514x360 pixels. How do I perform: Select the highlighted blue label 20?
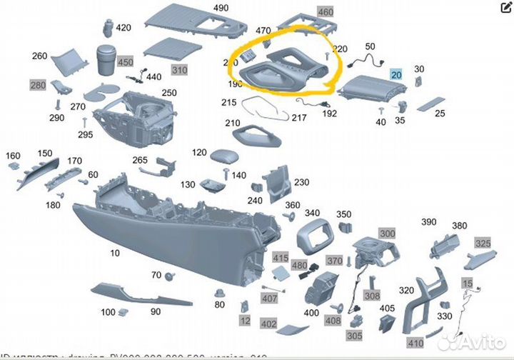[x=396, y=74]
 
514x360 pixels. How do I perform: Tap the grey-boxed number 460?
[x=325, y=13]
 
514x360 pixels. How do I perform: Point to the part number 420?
[x=124, y=28]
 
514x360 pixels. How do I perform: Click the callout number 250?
[x=168, y=93]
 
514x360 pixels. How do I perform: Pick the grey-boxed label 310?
[x=178, y=70]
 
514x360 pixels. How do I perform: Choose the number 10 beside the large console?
[x=115, y=254]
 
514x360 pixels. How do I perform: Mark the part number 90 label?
[x=155, y=311]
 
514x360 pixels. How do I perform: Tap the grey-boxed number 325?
[x=483, y=244]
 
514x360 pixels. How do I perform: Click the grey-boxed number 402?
[x=268, y=324]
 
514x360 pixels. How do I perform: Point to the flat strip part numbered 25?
[x=429, y=105]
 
